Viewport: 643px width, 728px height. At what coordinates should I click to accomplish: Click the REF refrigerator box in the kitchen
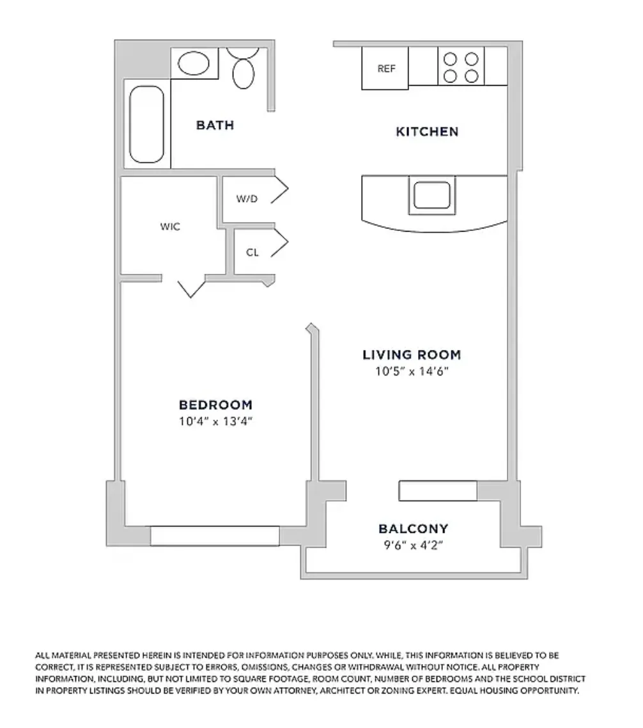click(x=385, y=68)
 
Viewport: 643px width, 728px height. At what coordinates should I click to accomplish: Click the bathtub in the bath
click(x=147, y=125)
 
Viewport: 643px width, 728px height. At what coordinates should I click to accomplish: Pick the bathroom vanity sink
click(x=194, y=63)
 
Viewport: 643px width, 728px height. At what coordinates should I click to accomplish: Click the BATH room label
click(x=215, y=125)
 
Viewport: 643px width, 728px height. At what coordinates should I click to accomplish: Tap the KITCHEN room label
click(x=427, y=132)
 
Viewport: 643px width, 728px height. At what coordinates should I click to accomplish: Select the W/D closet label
click(x=247, y=199)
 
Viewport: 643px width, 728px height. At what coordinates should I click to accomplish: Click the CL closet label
click(x=252, y=253)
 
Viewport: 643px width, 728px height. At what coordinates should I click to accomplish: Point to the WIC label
click(x=170, y=227)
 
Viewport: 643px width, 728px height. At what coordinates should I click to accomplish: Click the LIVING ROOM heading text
click(x=412, y=355)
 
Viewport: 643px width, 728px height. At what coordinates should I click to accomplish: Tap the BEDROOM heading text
click(x=215, y=405)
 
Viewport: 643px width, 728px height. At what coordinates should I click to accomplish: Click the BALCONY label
click(x=413, y=529)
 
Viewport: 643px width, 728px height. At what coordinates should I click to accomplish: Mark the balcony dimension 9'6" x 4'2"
click(x=413, y=546)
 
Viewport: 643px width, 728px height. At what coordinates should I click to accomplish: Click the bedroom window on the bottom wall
click(x=215, y=536)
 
